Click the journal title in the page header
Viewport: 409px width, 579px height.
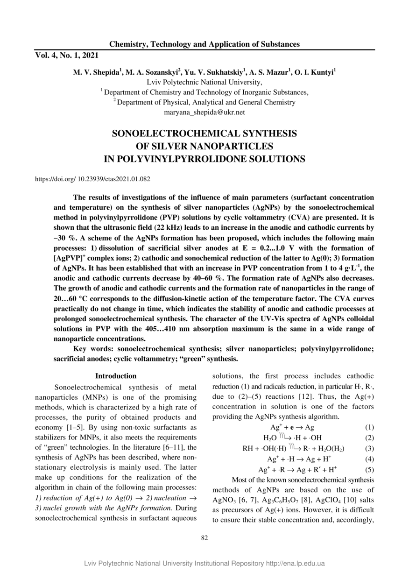[204, 44]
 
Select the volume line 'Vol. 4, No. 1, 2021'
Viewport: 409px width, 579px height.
[67, 56]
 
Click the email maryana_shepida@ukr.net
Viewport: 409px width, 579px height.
[204, 113]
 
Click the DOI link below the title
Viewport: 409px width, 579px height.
[93, 178]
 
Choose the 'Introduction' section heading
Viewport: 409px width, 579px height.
[116, 376]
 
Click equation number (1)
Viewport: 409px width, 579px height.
[369, 427]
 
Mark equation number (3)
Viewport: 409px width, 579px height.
[369, 449]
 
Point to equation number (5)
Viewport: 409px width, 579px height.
[369, 470]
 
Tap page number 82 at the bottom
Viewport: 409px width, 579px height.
[204, 538]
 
